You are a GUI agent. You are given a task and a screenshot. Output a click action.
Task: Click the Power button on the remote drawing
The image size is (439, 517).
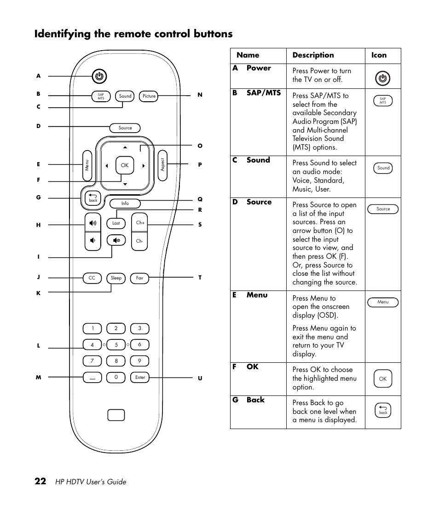[x=99, y=76]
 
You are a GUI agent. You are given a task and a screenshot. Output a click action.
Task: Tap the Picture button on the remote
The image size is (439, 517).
[x=149, y=96]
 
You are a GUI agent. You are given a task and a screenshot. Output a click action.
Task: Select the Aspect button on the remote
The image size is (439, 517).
[x=162, y=165]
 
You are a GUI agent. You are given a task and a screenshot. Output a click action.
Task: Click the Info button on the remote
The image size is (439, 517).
[x=125, y=203]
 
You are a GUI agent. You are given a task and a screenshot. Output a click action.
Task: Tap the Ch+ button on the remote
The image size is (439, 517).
[x=140, y=223]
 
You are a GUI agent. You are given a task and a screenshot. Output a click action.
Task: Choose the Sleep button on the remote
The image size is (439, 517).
[x=116, y=278]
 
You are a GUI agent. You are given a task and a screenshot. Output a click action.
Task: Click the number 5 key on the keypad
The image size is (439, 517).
[x=116, y=344]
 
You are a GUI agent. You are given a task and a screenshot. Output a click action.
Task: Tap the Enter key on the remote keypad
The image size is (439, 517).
[x=140, y=378]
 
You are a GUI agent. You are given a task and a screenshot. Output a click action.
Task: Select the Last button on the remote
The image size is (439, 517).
[x=116, y=223]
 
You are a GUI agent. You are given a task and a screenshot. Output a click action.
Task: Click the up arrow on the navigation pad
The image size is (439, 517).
[x=125, y=148]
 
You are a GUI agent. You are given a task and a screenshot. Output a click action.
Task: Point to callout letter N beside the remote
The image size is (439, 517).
[x=200, y=95]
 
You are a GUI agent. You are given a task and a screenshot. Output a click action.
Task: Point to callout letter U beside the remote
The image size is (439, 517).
[x=200, y=378]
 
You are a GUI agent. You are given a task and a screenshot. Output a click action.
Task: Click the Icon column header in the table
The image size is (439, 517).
[x=379, y=55]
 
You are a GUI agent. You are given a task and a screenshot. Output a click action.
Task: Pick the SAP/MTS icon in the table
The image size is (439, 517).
[x=383, y=101]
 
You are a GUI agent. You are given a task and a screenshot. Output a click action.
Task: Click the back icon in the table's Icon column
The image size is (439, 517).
[x=383, y=410]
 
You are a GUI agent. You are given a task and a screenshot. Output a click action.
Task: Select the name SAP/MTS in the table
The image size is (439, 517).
[x=263, y=93]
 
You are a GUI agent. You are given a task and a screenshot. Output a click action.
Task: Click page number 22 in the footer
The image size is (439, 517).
[x=40, y=482]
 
